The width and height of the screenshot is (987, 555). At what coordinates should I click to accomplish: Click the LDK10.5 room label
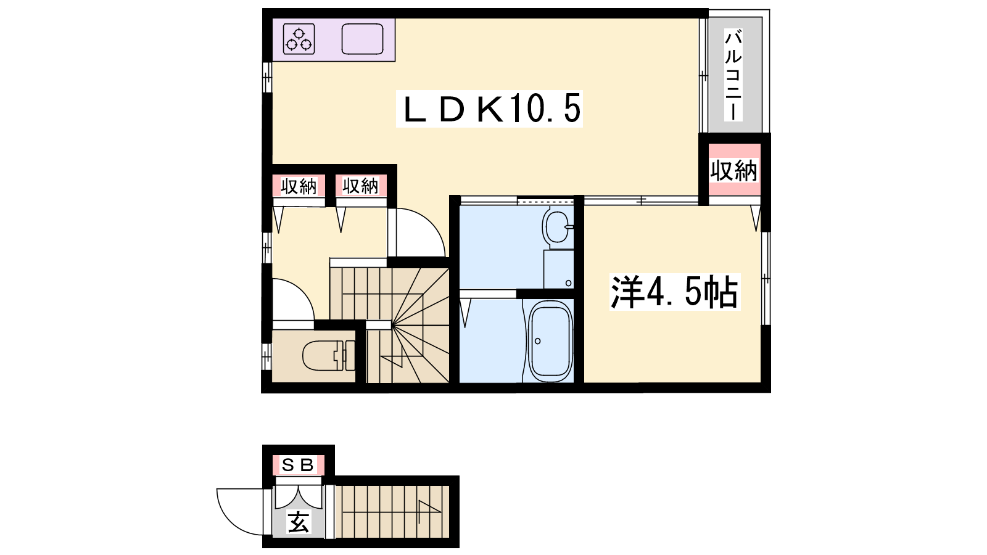point(489,109)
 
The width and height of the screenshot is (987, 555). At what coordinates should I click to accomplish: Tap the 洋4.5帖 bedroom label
point(675,292)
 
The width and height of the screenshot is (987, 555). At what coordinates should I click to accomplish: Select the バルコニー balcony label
point(733,75)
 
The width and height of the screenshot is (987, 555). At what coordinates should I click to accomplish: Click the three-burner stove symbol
point(299,39)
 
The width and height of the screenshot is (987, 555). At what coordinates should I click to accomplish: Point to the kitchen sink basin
point(363,39)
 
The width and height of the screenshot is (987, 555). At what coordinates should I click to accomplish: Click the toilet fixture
point(329,355)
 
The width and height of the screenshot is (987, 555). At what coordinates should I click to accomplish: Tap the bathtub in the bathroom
point(550,341)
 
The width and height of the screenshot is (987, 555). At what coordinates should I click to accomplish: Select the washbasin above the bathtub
point(558,226)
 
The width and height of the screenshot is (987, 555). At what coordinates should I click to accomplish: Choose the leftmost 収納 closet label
point(299,187)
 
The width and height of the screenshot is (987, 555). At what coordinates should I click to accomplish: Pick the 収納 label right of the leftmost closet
point(361,187)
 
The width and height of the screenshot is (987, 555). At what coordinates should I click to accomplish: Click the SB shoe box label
point(298,465)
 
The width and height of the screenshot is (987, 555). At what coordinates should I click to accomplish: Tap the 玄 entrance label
point(299,522)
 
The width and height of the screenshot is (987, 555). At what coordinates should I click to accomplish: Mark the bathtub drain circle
point(537,340)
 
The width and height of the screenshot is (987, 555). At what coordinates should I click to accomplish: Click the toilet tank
point(350,355)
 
